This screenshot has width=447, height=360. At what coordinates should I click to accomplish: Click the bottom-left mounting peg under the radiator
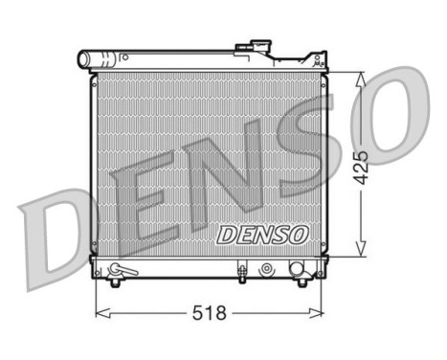(116, 281)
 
